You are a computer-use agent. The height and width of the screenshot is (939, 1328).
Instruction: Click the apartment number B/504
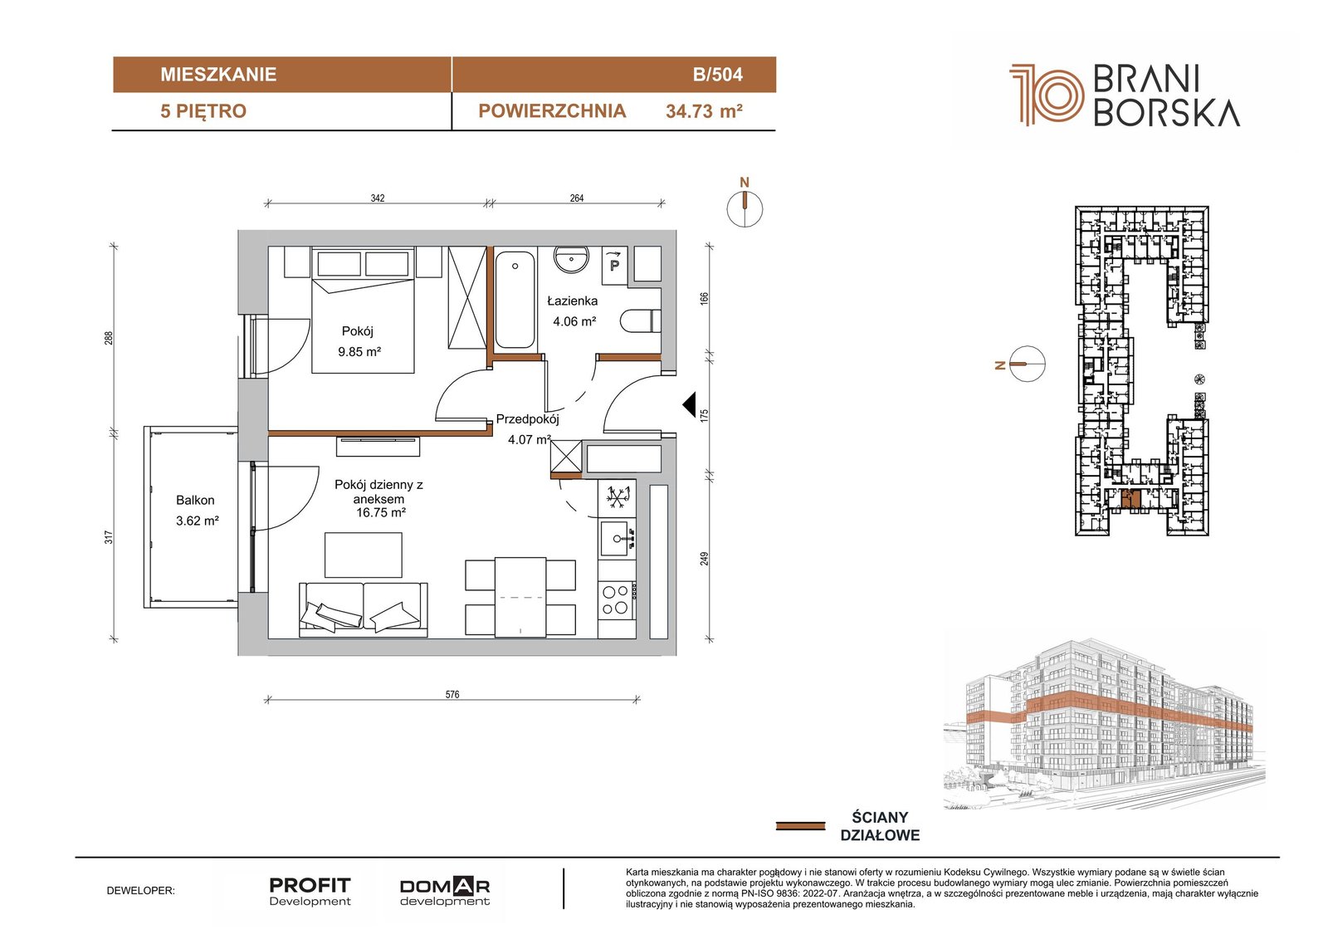[x=717, y=74]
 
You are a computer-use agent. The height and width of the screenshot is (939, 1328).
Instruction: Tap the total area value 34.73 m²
[x=705, y=111]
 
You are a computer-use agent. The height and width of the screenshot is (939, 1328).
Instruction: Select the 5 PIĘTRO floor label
[x=203, y=111]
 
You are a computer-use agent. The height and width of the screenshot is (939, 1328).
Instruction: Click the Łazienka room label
[x=572, y=301]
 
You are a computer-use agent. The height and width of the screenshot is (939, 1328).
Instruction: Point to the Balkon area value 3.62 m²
[x=198, y=521]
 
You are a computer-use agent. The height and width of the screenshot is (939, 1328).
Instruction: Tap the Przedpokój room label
[x=528, y=418]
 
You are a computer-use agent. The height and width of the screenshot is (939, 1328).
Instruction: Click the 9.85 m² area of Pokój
[x=359, y=352]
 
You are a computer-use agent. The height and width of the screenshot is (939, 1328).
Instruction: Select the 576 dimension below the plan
[x=452, y=694]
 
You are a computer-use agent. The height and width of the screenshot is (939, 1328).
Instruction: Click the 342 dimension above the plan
[x=378, y=198]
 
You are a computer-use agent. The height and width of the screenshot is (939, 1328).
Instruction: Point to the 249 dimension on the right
[x=705, y=558]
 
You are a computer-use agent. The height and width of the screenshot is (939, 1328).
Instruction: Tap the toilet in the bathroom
[x=641, y=321]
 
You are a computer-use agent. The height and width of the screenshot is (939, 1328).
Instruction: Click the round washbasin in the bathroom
[x=572, y=259]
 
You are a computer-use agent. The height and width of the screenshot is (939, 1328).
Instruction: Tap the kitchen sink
[x=618, y=539]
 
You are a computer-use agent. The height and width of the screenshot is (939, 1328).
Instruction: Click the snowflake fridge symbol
[x=618, y=497]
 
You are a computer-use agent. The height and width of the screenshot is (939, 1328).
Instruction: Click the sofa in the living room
[x=364, y=609]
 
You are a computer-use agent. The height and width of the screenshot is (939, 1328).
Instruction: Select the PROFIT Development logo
[x=310, y=892]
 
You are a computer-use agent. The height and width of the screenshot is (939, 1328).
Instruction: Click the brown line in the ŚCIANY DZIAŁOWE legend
[x=800, y=826]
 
